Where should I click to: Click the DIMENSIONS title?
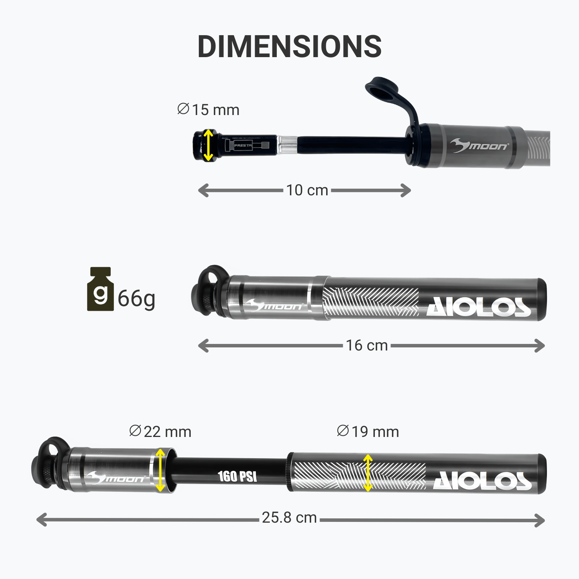point(289,47)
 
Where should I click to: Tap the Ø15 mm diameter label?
point(208,110)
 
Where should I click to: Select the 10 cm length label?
point(307,190)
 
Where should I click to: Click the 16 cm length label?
point(367,345)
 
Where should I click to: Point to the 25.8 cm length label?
point(289,518)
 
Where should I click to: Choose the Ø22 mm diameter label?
point(160,432)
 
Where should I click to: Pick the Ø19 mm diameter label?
point(368,432)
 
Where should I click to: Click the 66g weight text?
point(137,299)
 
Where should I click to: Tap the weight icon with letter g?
point(100,289)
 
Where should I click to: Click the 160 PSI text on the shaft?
point(237,476)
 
